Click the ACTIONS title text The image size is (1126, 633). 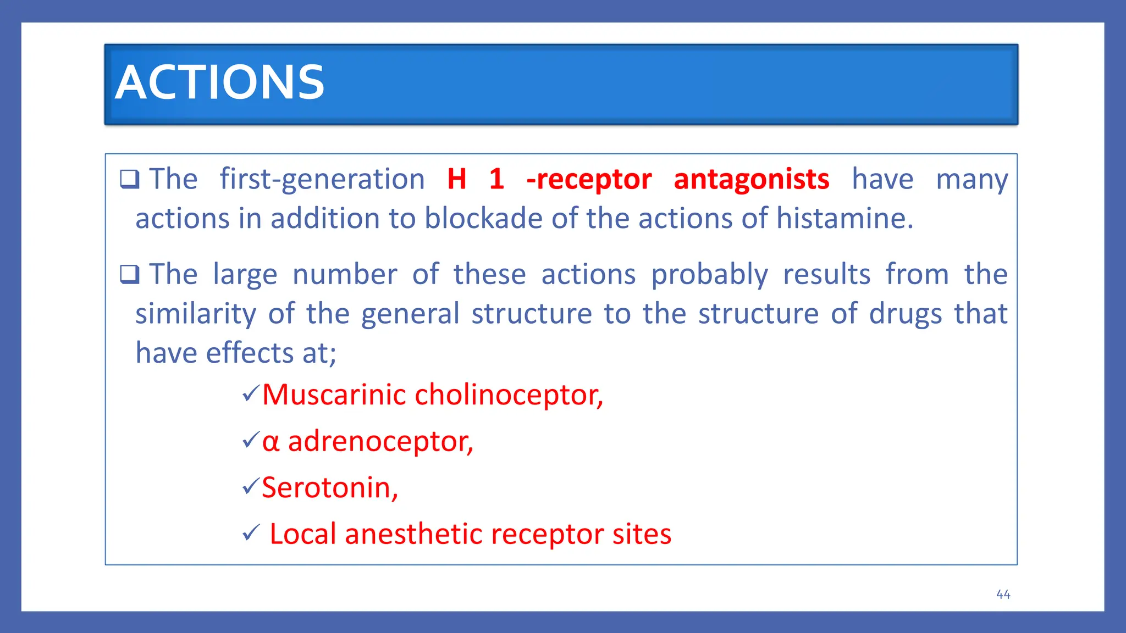coord(219,82)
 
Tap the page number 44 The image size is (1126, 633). coord(1003,595)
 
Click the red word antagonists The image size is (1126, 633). coord(751,179)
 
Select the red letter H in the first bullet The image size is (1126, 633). coord(457,179)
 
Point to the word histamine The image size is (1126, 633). coord(844,219)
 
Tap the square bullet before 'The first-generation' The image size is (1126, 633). coord(130,179)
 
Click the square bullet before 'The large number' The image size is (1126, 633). coord(130,274)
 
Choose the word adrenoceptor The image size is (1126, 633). coord(380,441)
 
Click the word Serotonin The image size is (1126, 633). coord(329,488)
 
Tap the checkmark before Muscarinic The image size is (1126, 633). coord(251,393)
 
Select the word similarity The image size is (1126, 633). coord(196,314)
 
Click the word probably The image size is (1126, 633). coord(709,275)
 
